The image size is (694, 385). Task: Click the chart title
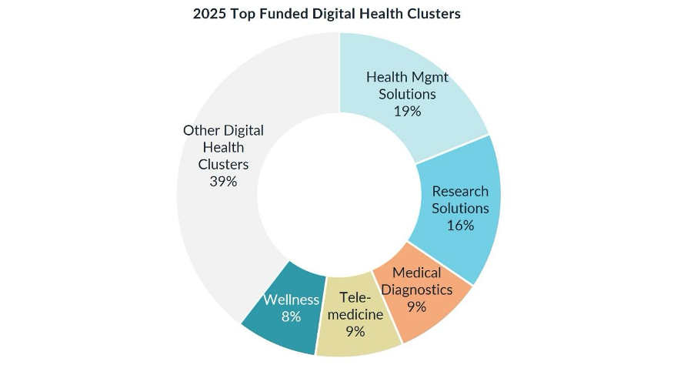click(327, 14)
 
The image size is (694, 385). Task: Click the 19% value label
click(407, 111)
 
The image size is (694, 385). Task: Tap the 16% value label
click(460, 225)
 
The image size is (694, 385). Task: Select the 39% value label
click(223, 182)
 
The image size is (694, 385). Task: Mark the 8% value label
click(290, 316)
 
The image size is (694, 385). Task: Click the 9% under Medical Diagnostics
click(416, 307)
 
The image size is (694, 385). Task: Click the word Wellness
click(291, 300)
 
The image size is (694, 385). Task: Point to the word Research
click(460, 191)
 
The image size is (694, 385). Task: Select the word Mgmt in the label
click(429, 77)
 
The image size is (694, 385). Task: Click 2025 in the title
click(209, 14)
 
